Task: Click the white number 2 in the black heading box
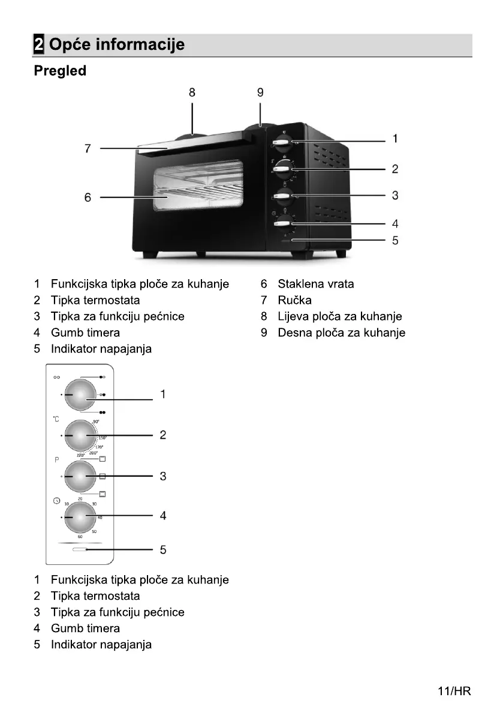[38, 44]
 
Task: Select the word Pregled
[60, 71]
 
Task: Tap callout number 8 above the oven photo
[192, 92]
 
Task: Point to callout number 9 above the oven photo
[260, 92]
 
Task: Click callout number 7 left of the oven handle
[88, 148]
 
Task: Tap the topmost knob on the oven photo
[282, 143]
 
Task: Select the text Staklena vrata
[315, 284]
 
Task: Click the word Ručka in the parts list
[294, 300]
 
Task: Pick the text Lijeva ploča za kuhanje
[339, 316]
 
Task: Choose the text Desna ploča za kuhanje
[341, 333]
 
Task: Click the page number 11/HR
[454, 691]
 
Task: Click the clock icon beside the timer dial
[56, 500]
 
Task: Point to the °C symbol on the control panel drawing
[56, 418]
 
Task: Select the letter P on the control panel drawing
[56, 460]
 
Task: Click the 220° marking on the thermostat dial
[80, 456]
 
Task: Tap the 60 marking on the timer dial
[80, 536]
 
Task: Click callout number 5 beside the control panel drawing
[163, 549]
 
